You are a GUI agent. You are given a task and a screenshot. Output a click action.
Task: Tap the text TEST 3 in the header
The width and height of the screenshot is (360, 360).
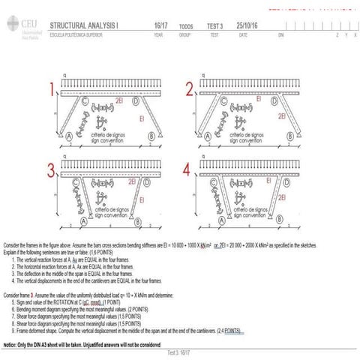point(216,25)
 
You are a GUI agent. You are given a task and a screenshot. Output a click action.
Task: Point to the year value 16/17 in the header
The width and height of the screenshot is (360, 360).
point(160,25)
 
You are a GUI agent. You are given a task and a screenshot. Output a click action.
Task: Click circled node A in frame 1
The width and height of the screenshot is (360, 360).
point(69,136)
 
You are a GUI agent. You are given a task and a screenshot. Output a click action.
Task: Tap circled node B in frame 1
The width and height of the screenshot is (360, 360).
point(152,136)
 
